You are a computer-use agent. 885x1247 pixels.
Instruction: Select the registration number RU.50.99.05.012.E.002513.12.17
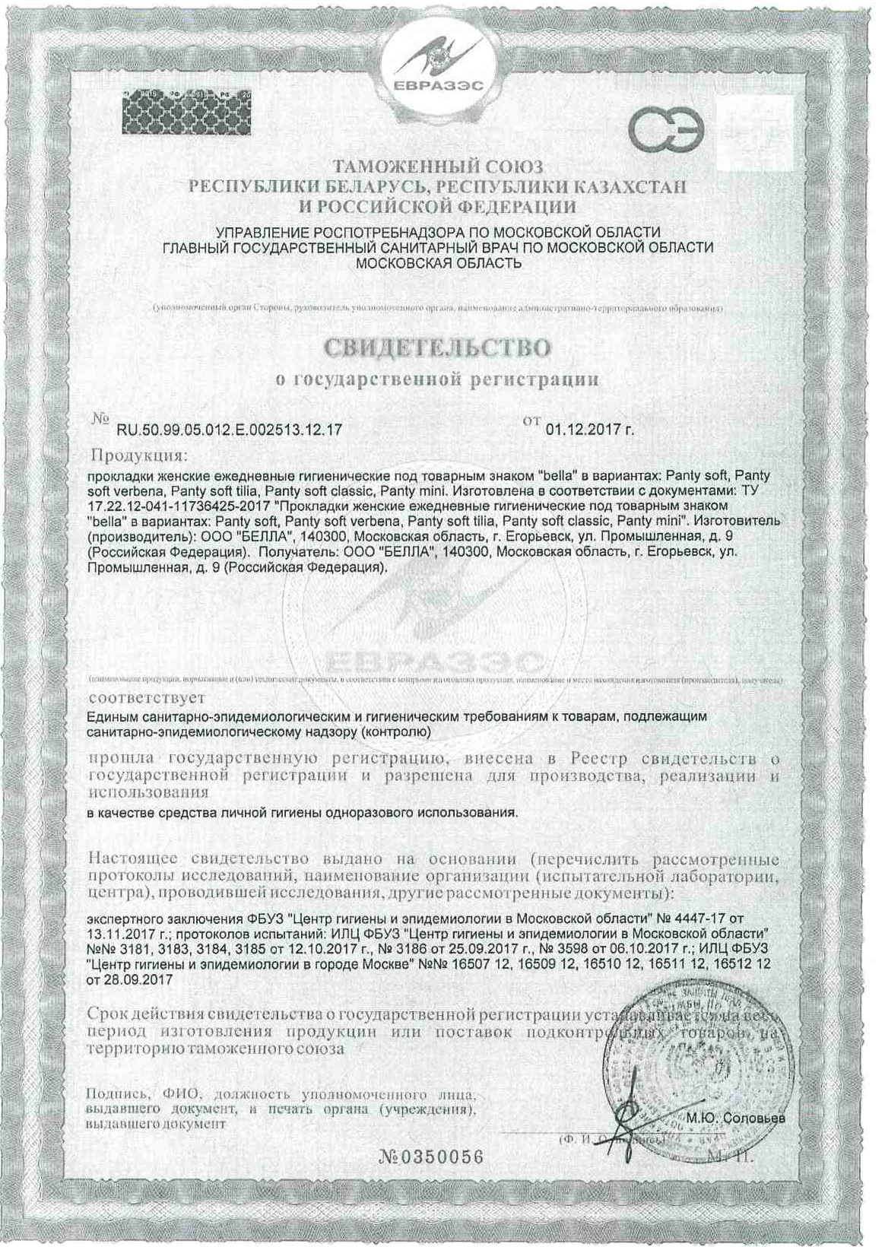coord(229,430)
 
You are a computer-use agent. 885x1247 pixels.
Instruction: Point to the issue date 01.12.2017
coord(585,430)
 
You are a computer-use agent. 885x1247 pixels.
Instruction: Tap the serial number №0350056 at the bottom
coord(430,1157)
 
